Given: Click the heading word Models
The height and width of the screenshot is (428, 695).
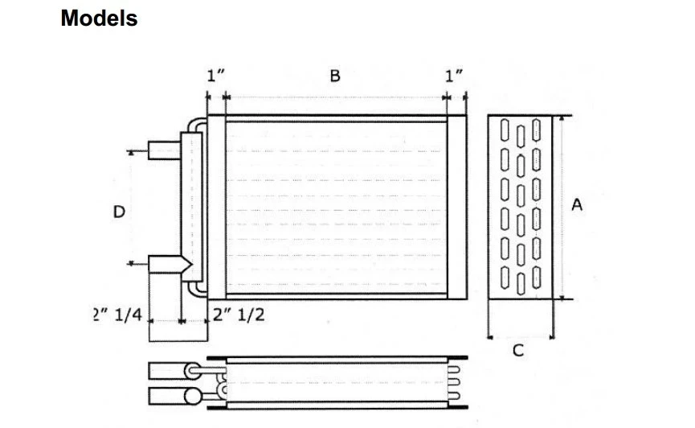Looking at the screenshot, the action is (x=99, y=19).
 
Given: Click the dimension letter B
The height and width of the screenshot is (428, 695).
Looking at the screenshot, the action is (x=335, y=76).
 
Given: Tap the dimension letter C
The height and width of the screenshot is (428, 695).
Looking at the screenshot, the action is (x=519, y=351).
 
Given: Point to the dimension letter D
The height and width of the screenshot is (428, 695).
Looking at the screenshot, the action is (x=119, y=212).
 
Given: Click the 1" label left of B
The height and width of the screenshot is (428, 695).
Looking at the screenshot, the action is (x=215, y=76).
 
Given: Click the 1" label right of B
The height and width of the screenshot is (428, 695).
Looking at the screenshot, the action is (x=455, y=76).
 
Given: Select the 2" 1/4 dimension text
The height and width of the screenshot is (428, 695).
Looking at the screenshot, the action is (x=118, y=315).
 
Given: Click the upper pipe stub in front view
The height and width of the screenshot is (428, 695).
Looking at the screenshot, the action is (x=165, y=150).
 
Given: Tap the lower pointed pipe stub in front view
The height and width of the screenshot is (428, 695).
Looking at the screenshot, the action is (x=169, y=264).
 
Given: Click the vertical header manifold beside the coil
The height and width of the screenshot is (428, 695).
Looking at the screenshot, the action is (x=191, y=208).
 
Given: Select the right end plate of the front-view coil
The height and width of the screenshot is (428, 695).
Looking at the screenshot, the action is (x=456, y=208).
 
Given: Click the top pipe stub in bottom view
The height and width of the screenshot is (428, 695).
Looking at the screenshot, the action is (x=166, y=370).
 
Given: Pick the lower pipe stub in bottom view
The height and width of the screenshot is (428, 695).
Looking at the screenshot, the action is (x=166, y=396).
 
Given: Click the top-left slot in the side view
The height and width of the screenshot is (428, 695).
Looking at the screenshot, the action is (x=504, y=130).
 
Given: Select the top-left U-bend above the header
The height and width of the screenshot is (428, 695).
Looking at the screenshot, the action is (x=195, y=124).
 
